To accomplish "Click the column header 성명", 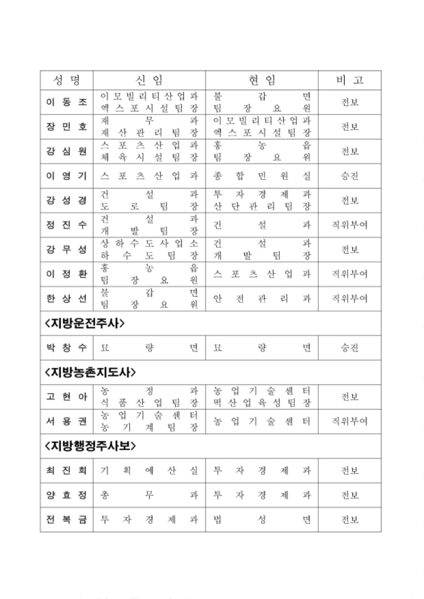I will coord(67,80).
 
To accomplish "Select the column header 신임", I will coord(149,80).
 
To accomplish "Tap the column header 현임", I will coord(262,80).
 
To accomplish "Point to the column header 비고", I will coord(349,80).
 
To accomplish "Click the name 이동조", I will coord(67,102).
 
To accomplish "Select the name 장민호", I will coord(67,127).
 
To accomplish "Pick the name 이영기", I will coord(67,176).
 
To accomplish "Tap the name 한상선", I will coord(67,298).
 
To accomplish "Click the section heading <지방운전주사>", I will coord(84,323).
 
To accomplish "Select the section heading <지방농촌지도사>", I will coord(90,372).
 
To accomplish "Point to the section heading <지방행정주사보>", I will coord(90,446).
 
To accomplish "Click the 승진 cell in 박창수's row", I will coord(349,347).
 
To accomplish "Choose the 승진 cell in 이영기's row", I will coord(349,176).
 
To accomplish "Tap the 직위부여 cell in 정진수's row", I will coord(349,225).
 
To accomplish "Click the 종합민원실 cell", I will coord(262,176).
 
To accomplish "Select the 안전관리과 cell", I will coord(262,298).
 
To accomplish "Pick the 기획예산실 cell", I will coord(149,470).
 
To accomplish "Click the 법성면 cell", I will coord(262,520).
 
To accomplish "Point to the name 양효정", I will coord(67,495).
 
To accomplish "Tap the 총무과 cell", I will coord(149,495).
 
